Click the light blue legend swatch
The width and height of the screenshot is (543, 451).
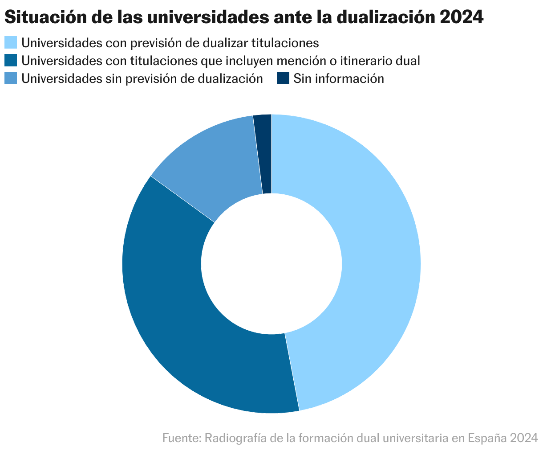click(x=11, y=43)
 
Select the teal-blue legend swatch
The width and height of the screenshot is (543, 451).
click(x=11, y=61)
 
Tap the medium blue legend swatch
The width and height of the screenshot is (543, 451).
click(x=11, y=78)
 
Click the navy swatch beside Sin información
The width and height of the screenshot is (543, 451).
click(x=283, y=78)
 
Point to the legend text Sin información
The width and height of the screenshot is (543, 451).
click(x=338, y=78)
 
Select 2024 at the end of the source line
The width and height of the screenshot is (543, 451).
click(x=524, y=438)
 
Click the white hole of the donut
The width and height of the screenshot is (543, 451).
click(x=271, y=263)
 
